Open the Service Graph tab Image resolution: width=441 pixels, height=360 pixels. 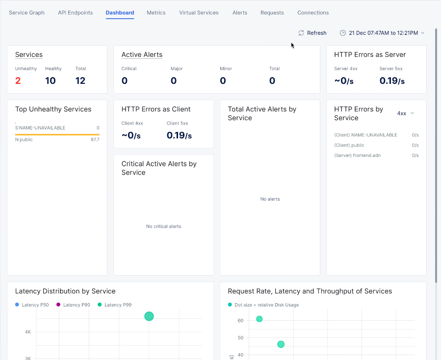[x=26, y=13]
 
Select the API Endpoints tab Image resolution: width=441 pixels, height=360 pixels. [x=75, y=13]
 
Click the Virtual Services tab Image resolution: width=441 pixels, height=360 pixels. [x=199, y=13]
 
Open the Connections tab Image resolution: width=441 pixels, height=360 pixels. [x=313, y=13]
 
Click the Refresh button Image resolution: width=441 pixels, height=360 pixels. [x=312, y=33]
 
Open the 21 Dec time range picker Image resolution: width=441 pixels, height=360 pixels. [x=382, y=33]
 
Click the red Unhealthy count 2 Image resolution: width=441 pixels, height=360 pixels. [x=18, y=81]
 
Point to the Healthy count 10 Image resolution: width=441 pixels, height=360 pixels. [x=51, y=81]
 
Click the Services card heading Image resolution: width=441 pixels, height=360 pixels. [x=29, y=55]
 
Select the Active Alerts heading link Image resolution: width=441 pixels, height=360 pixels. [x=142, y=55]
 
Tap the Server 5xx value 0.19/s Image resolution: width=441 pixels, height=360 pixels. [x=392, y=81]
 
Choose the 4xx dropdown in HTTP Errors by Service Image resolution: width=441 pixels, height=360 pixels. [x=405, y=113]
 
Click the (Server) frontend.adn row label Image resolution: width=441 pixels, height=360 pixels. [x=357, y=155]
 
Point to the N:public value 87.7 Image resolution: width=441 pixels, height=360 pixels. [x=95, y=140]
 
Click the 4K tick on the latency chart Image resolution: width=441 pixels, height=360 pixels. [x=28, y=332]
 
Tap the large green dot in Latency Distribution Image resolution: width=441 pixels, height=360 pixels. [x=149, y=316]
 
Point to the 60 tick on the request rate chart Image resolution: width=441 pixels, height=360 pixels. [x=240, y=321]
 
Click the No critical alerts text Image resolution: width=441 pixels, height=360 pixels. [x=163, y=227]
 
